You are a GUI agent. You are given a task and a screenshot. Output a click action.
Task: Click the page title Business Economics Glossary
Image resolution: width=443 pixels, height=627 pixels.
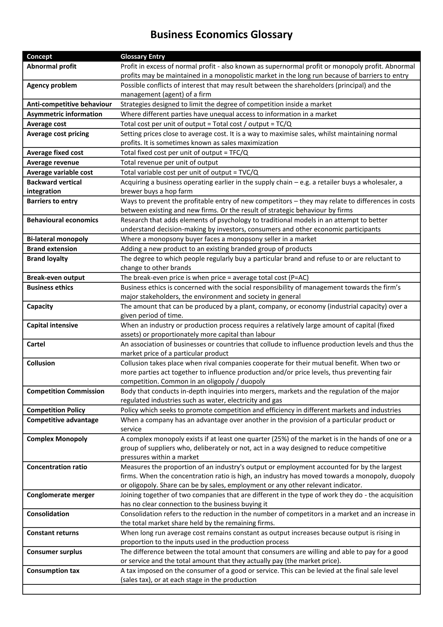221,35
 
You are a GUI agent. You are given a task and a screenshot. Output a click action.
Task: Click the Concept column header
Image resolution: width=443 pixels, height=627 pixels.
39,57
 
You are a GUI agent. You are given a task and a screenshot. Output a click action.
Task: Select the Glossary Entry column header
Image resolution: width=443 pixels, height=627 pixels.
143,57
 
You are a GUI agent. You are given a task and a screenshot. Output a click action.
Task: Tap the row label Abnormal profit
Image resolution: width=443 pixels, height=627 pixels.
51,66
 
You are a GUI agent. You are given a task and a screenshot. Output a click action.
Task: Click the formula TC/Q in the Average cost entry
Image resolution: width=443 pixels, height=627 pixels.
284,124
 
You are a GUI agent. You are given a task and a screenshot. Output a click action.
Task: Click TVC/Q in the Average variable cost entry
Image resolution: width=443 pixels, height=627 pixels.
248,172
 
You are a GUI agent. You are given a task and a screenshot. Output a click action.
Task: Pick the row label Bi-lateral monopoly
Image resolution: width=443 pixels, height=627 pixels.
57,239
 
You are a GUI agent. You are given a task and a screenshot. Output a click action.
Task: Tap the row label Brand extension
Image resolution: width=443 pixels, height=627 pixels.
52,249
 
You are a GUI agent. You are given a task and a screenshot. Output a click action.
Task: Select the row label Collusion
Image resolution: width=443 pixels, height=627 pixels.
41,363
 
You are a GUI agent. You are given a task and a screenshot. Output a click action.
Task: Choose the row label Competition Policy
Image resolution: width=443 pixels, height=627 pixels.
56,410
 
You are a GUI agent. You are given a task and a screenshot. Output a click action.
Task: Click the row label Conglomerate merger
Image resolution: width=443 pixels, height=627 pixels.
61,495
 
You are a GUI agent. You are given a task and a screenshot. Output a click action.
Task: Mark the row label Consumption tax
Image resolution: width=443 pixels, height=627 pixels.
53,571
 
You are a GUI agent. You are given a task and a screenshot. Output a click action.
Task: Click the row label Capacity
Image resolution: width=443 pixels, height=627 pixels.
40,306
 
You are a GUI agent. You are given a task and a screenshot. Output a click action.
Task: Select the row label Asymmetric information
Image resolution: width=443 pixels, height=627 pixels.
64,114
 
